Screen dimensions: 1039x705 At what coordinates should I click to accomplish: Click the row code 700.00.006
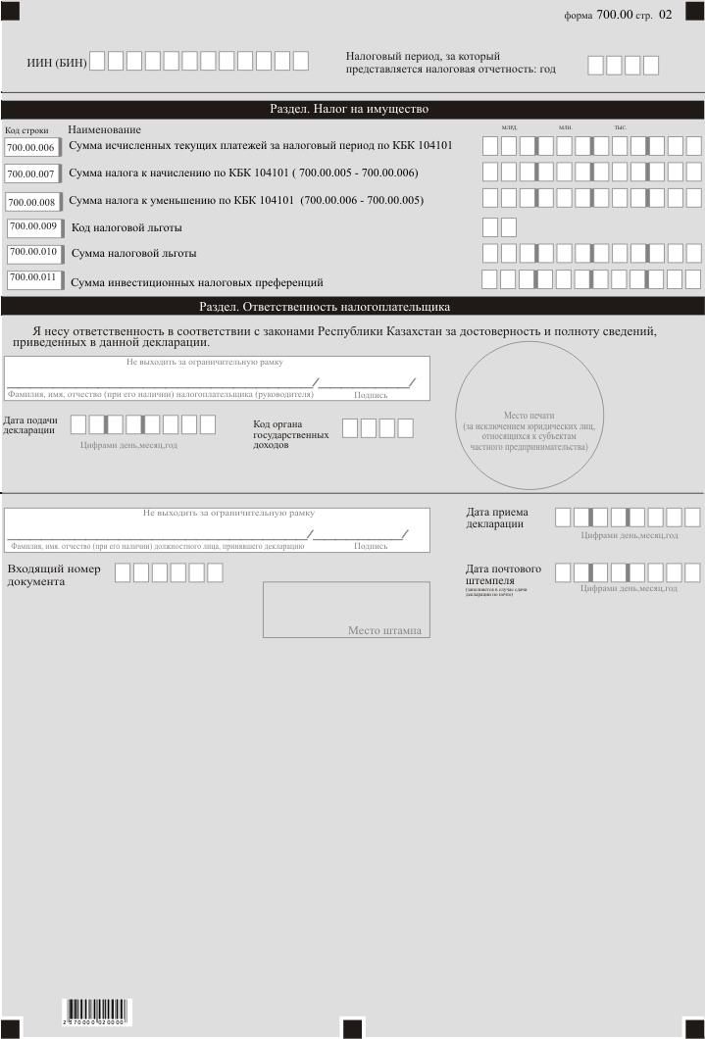tap(31, 148)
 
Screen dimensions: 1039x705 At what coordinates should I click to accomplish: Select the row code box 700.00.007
tap(31, 174)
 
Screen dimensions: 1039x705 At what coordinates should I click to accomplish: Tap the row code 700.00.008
tap(32, 202)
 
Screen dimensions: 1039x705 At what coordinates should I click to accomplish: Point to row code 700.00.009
tap(33, 227)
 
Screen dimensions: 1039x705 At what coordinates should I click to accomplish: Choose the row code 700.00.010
tap(33, 253)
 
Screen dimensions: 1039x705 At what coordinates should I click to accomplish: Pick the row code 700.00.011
tap(33, 278)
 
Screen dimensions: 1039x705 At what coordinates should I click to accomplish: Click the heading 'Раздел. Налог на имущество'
tap(349, 109)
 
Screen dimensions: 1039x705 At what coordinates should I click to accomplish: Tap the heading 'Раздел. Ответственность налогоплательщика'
tap(325, 306)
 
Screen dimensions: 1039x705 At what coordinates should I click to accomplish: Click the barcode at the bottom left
tap(98, 1012)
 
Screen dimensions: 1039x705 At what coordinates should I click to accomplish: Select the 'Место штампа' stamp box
tap(346, 610)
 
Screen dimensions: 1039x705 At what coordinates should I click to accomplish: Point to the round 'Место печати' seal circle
tap(529, 415)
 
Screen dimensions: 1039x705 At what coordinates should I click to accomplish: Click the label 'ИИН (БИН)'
tap(56, 63)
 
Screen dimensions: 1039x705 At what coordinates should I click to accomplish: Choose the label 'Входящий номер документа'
tap(54, 575)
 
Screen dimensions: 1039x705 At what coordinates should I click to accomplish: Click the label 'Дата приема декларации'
tap(498, 518)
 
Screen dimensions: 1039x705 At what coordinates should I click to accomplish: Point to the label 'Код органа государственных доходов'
tap(290, 434)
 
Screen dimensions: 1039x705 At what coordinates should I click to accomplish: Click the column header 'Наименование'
tap(104, 129)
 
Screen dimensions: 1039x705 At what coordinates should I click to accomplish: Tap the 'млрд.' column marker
tap(509, 127)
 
